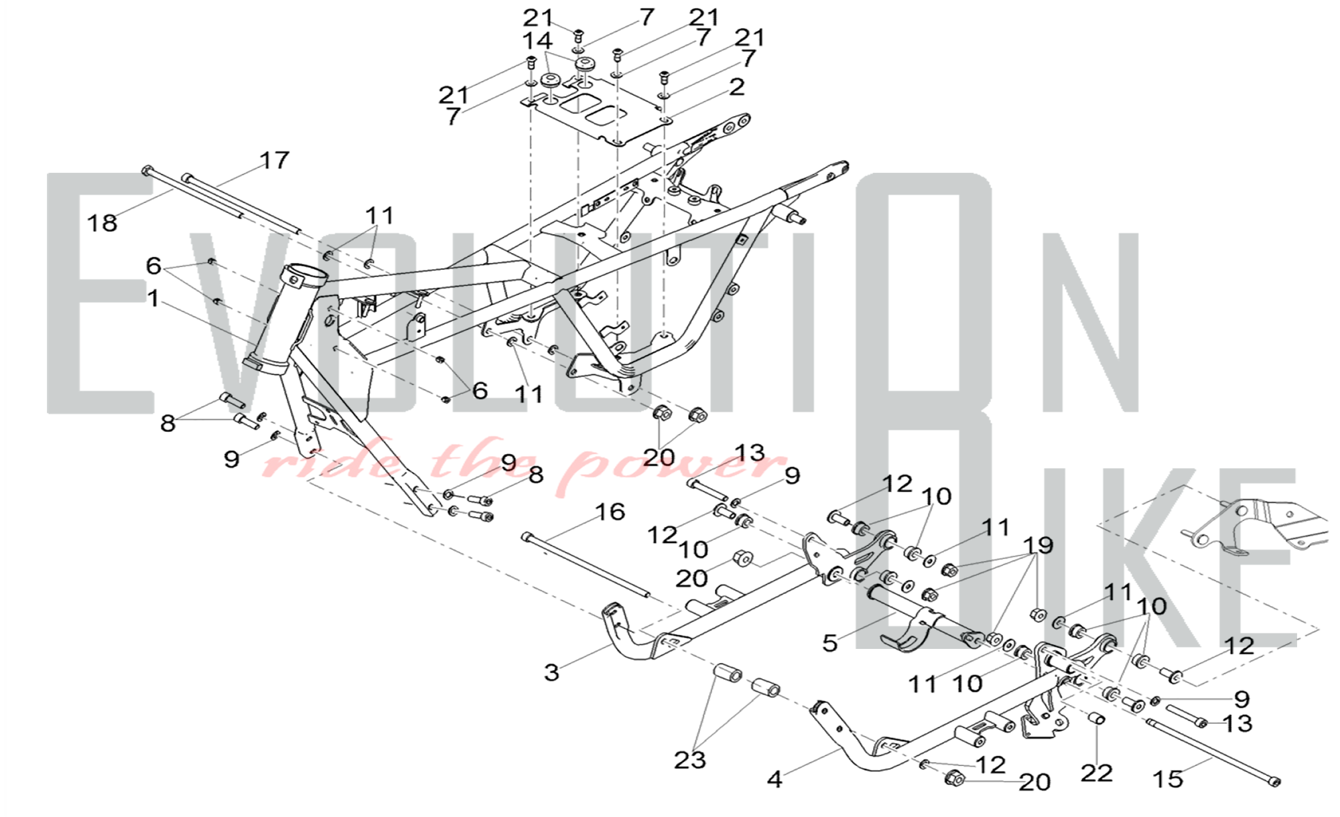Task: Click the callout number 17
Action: point(274,160)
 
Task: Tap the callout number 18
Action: point(103,223)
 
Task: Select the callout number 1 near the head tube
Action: point(153,299)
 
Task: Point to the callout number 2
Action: point(737,87)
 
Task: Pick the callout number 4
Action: point(775,779)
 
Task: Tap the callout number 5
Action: point(830,643)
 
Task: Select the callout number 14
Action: point(537,40)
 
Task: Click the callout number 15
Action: point(1168,779)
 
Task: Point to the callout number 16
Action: point(610,512)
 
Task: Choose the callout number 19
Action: point(1038,546)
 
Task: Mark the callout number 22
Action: point(1096,773)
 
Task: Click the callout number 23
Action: point(690,760)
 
